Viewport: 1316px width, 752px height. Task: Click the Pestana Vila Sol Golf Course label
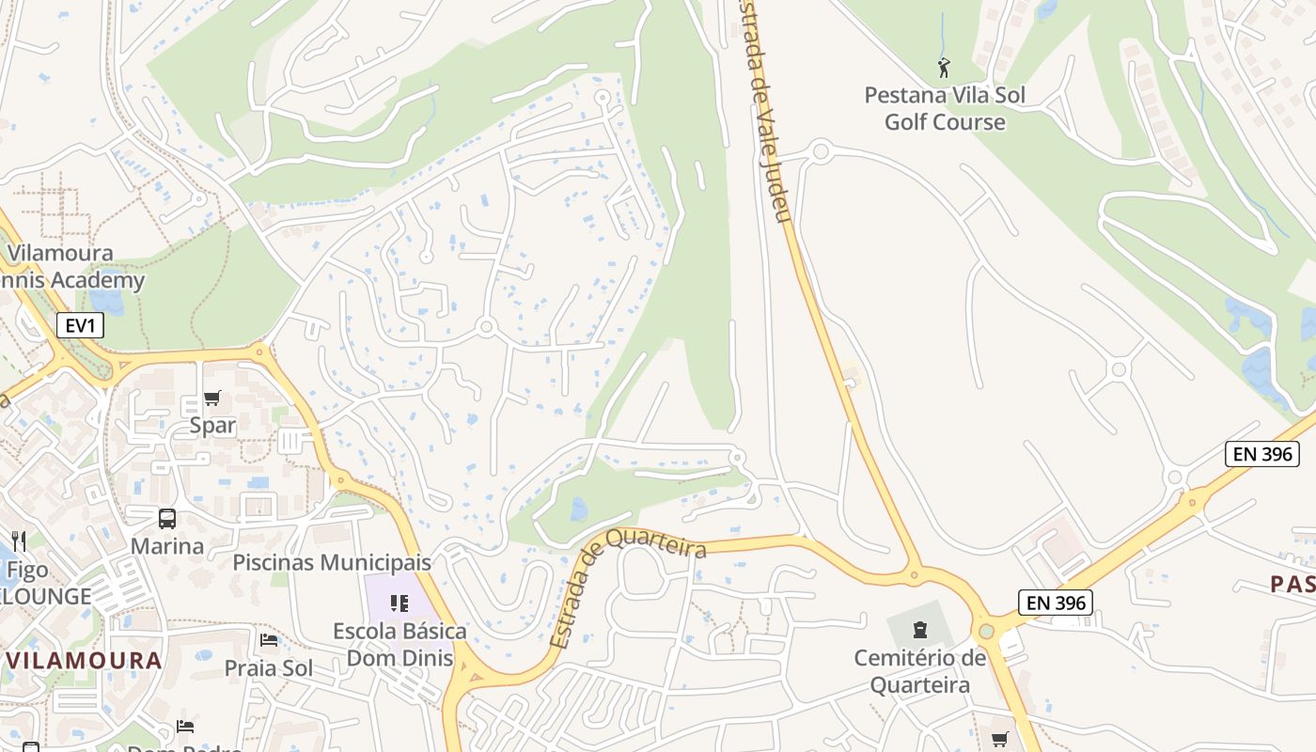945,108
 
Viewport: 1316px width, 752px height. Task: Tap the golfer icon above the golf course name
944,68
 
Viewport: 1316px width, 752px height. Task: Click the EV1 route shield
80,326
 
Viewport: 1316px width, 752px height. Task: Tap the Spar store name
212,425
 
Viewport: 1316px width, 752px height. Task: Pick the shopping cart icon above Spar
211,399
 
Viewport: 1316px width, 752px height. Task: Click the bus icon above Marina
167,519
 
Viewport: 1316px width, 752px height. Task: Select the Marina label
167,546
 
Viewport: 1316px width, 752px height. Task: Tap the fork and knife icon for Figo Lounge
19,540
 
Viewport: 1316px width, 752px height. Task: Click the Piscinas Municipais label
332,562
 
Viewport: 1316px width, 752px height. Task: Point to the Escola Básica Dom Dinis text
399,644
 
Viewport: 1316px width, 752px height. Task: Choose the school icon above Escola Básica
399,603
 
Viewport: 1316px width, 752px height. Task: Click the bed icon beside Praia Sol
269,640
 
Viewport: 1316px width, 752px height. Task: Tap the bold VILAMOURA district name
85,660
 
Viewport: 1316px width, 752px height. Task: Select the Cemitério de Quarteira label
920,671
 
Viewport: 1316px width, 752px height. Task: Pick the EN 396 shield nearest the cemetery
1056,602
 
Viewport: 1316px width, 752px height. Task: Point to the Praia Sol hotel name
269,668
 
